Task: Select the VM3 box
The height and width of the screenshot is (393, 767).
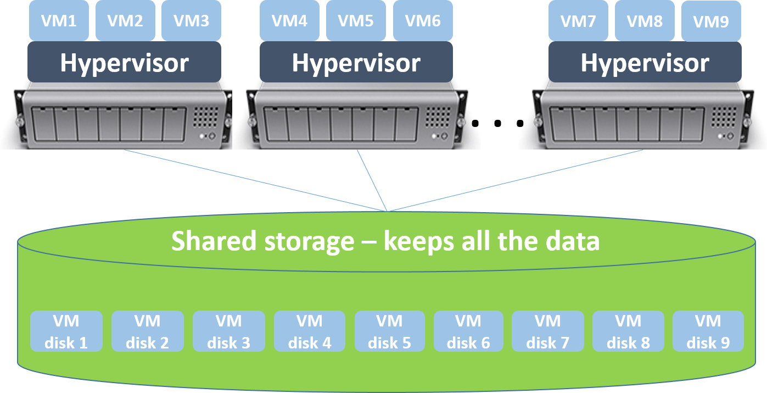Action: [x=191, y=20]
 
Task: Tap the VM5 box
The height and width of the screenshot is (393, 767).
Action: [x=355, y=20]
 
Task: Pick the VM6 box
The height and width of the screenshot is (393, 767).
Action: [x=423, y=20]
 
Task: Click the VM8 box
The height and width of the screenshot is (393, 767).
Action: [x=644, y=20]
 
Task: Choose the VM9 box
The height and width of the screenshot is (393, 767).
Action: [x=711, y=21]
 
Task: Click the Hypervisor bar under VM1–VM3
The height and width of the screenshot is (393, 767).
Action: [x=124, y=63]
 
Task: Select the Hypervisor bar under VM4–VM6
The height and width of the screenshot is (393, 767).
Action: [x=356, y=63]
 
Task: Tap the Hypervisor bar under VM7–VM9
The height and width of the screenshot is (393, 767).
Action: [x=645, y=63]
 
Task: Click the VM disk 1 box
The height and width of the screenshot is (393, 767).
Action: [x=66, y=331]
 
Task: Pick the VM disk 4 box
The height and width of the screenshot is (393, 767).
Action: [x=310, y=331]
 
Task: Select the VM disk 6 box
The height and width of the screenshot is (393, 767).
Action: [x=468, y=331]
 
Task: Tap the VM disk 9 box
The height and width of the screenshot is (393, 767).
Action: [x=708, y=331]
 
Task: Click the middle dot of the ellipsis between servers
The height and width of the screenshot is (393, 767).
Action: [x=497, y=124]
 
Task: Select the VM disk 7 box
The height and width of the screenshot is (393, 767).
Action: [x=547, y=331]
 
